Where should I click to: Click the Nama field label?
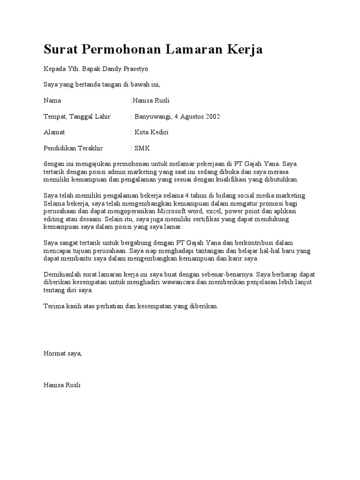[x=52, y=100]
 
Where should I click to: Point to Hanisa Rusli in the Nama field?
[x=151, y=100]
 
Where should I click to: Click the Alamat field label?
[x=54, y=132]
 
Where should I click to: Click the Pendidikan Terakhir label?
[x=73, y=148]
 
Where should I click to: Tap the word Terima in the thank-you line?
[x=53, y=306]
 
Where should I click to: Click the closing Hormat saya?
[x=62, y=353]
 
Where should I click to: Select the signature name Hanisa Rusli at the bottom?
[x=62, y=385]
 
